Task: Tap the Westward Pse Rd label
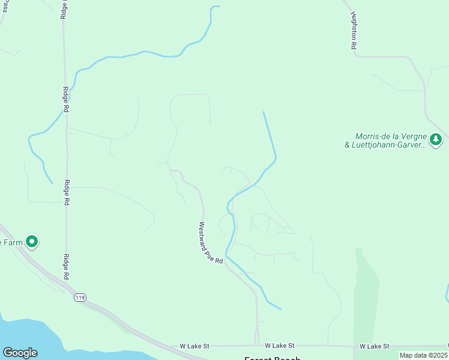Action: (x=211, y=244)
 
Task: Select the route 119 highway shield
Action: (x=79, y=298)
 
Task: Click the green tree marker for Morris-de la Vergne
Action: (x=436, y=140)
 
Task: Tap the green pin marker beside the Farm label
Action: (x=32, y=242)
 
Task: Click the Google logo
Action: (x=20, y=353)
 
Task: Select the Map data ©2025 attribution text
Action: (x=423, y=355)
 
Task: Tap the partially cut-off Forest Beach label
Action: (x=272, y=358)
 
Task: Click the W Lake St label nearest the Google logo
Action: (x=195, y=346)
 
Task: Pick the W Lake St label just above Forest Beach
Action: (x=280, y=346)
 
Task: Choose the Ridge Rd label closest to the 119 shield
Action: (x=65, y=266)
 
